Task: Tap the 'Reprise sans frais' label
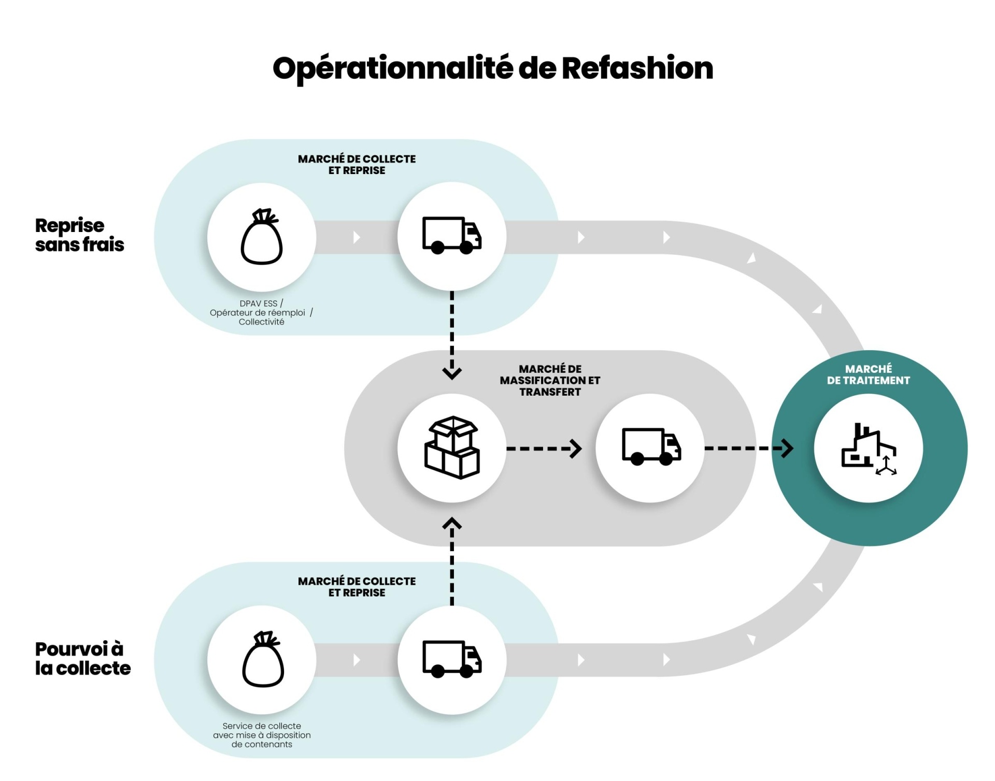[x=79, y=235]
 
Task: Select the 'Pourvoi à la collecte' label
[x=82, y=658]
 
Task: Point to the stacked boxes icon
[x=452, y=447]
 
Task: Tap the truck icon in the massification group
[x=651, y=447]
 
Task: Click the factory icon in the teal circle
[x=868, y=449]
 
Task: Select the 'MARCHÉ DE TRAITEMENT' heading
[x=868, y=374]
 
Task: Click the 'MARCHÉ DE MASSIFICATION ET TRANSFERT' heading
[x=550, y=380]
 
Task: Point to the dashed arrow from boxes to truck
[x=544, y=449]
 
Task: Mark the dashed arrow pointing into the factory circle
[x=748, y=449]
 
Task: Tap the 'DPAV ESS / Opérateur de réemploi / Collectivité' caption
[x=261, y=313]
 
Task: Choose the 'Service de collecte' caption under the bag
[x=262, y=735]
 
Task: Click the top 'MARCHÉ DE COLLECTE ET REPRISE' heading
[x=357, y=165]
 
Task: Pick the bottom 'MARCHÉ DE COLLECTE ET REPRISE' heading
[x=357, y=587]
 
